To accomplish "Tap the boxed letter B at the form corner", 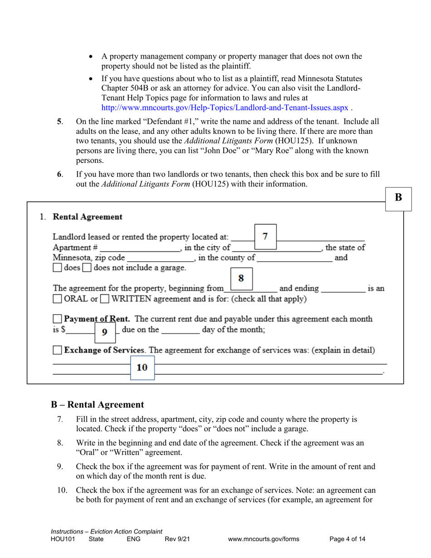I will coord(398,197).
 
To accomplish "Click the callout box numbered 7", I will coord(265,236).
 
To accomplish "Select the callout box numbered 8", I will coord(241,278).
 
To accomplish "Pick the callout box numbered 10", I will coord(142,367).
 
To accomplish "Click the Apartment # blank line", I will coord(140,249).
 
